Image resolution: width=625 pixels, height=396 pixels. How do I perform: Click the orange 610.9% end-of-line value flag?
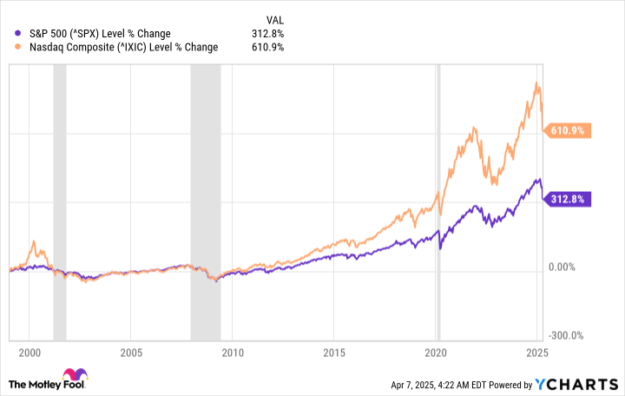(x=568, y=131)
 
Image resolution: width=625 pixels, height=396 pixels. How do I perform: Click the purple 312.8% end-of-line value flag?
(x=568, y=199)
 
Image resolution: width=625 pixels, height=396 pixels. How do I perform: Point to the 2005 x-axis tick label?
(x=130, y=353)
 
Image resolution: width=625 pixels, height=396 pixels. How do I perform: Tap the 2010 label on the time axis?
(x=232, y=353)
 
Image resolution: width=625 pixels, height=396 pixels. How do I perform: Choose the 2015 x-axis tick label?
(x=334, y=353)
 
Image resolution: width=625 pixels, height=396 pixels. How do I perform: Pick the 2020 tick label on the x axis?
(x=436, y=353)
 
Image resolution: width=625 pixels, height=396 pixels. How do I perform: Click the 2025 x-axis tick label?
(x=537, y=353)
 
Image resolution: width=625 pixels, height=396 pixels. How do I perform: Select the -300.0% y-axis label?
(x=565, y=335)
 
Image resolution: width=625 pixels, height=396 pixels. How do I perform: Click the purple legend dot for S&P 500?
(x=10, y=34)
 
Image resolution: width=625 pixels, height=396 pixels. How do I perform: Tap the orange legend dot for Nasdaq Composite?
(x=10, y=47)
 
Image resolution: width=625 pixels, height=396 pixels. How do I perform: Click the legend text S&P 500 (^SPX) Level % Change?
(x=99, y=34)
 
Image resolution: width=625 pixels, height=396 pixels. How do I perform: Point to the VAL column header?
(x=273, y=19)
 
